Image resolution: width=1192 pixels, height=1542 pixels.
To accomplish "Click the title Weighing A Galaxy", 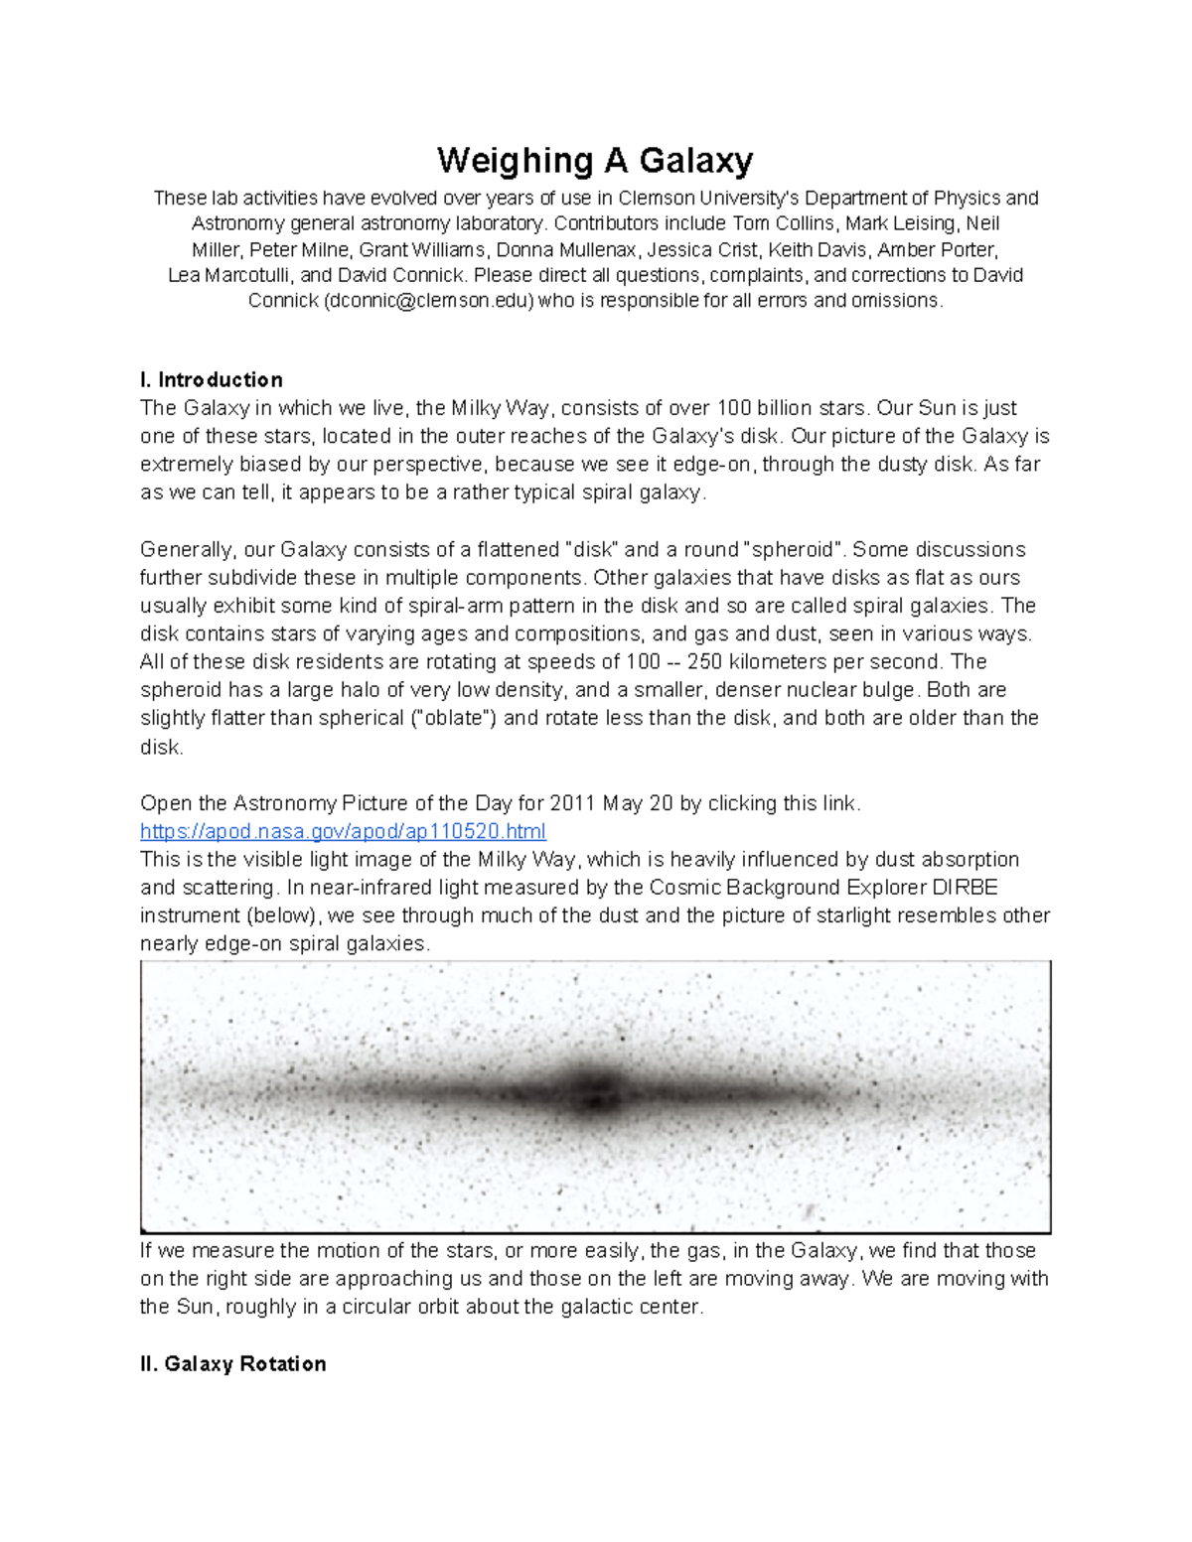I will click(595, 160).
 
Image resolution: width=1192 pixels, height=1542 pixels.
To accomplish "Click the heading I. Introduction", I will click(212, 380).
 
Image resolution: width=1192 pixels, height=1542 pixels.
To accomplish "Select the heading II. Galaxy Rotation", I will click(233, 1364).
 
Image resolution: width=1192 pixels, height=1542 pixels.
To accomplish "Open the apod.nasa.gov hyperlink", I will click(343, 831).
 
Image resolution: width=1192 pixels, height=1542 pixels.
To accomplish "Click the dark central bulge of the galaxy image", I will click(595, 1091).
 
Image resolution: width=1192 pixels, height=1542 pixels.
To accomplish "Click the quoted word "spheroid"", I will click(794, 550).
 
